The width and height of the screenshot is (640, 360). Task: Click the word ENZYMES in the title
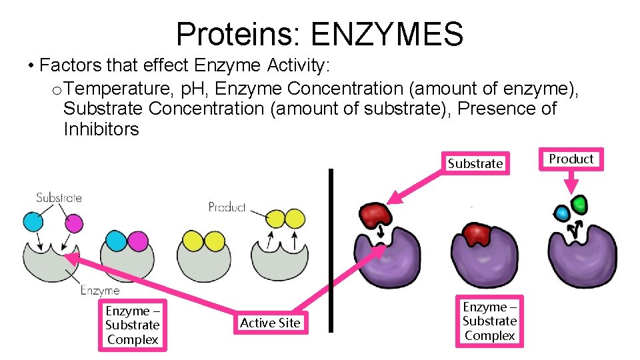click(387, 33)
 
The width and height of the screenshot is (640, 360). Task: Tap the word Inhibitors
click(101, 129)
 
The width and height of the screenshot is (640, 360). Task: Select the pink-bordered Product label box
click(571, 159)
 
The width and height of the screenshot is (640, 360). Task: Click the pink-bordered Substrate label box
click(475, 163)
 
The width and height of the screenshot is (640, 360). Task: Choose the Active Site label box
click(270, 323)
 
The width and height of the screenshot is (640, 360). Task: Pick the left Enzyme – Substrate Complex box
click(132, 325)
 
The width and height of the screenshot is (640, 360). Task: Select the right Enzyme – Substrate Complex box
click(489, 321)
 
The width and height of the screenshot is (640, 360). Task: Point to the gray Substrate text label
click(59, 197)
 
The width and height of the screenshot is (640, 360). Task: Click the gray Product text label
click(227, 207)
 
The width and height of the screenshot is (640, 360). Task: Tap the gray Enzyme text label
click(100, 290)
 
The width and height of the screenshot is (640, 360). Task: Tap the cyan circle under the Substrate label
click(32, 223)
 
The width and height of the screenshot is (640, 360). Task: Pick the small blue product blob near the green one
click(562, 213)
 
